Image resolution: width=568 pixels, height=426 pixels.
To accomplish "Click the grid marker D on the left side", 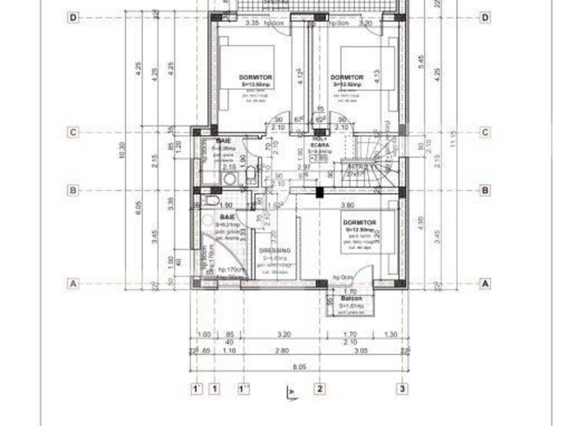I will tap(73, 18).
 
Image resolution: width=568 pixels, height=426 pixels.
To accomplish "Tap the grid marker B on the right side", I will tap(485, 190).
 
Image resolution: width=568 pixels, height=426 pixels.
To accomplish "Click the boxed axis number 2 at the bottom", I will tap(319, 388).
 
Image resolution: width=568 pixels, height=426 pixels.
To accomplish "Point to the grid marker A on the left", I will tap(73, 282).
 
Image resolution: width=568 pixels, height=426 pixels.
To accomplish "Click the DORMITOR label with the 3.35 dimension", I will tap(256, 77).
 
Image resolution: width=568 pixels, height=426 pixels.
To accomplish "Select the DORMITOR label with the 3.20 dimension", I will tap(347, 77).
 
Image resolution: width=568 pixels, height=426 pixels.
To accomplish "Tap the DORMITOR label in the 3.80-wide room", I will tap(359, 222).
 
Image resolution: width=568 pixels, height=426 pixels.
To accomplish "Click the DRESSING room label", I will tap(275, 251).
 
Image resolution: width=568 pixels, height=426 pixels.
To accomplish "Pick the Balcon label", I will tap(351, 298).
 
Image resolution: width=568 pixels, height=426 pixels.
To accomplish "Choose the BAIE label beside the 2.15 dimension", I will tap(224, 140).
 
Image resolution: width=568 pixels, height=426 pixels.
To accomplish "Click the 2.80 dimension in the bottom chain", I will tap(281, 352).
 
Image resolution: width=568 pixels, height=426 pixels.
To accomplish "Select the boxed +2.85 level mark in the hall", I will tap(319, 158).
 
